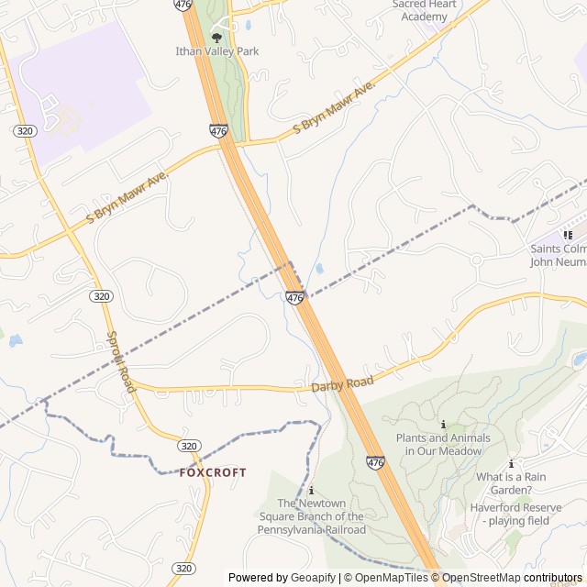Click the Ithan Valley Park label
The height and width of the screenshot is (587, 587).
217,51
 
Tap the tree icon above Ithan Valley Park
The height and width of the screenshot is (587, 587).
216,38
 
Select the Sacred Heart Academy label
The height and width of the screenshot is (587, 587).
424,10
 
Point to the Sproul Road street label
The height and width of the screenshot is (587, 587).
121,361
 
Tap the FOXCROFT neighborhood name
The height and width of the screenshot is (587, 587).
213,472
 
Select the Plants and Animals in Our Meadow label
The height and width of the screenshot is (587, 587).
443,444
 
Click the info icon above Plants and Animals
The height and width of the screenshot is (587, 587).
443,425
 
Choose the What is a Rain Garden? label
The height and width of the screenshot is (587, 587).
511,482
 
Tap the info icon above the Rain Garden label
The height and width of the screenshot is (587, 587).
511,464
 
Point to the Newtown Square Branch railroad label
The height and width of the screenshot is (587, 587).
312,516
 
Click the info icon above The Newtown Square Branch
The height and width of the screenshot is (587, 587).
312,491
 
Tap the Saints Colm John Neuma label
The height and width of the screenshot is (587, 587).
559,255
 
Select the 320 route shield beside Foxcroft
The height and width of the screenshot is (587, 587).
189,446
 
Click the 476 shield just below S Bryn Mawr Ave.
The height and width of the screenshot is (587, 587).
218,131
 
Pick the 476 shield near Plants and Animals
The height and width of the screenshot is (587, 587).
375,463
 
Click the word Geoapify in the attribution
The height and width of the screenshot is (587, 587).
313,578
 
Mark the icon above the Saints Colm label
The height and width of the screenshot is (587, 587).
568,235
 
